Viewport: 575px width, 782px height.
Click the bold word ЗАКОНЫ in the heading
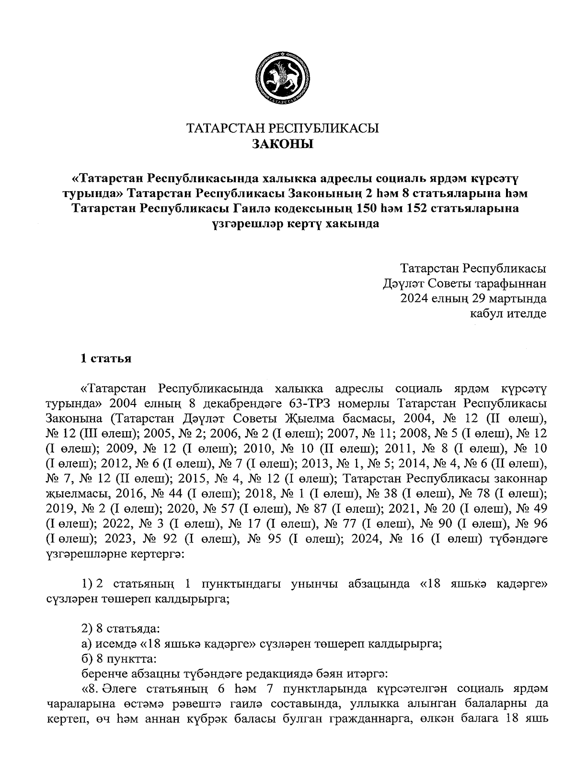coord(282,143)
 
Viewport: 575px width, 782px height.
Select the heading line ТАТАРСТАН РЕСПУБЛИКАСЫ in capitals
coord(282,128)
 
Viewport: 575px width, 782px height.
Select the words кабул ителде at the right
coord(508,314)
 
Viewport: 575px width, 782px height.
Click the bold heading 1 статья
coord(105,358)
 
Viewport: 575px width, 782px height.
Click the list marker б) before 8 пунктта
coord(87,659)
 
